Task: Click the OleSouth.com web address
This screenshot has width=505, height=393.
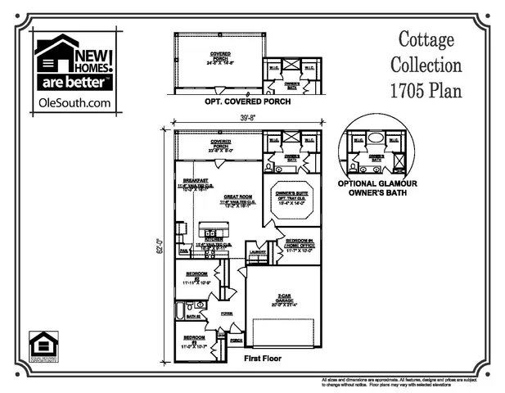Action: [x=74, y=102]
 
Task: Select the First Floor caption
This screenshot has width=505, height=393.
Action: [x=264, y=359]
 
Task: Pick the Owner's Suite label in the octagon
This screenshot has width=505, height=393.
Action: [x=292, y=193]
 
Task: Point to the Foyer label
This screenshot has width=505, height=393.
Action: [x=227, y=312]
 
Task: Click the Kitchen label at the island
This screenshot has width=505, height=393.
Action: [x=204, y=239]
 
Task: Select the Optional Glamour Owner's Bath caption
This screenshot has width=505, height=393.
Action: [x=377, y=188]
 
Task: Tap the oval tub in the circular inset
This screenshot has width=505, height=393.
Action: [x=376, y=138]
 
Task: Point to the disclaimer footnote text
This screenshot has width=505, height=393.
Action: [x=409, y=382]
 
